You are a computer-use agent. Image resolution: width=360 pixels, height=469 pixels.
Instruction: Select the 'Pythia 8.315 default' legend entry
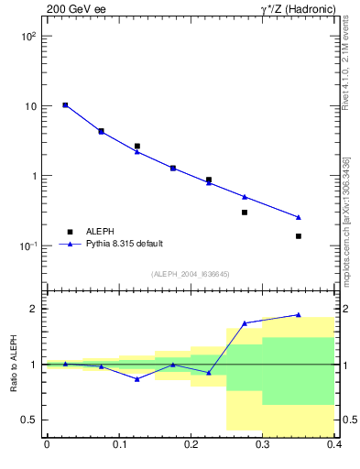[x=124, y=244]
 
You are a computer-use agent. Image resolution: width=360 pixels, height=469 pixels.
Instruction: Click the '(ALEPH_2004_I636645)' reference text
[x=191, y=274]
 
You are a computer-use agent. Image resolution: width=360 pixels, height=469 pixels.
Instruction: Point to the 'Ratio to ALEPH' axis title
[x=15, y=364]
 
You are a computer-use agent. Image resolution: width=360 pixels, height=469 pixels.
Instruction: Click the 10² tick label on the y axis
[x=29, y=37]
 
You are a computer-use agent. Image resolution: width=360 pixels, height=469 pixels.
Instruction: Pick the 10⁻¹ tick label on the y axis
[x=29, y=246]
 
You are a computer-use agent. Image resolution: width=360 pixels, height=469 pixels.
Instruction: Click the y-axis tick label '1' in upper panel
[x=35, y=176]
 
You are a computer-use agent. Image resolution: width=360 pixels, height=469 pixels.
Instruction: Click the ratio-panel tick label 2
[x=35, y=309]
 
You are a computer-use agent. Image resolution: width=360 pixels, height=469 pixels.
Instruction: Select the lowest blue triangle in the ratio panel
[x=136, y=378]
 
